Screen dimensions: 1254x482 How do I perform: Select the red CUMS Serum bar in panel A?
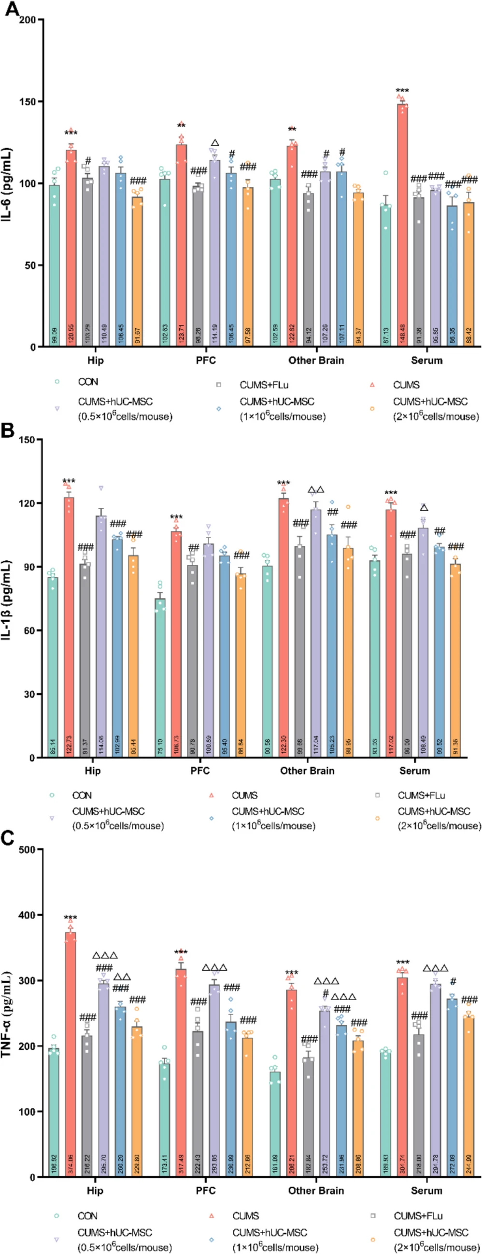(402, 224)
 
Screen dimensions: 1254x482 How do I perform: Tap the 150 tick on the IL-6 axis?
(27, 102)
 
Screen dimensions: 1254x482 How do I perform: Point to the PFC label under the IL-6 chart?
(205, 360)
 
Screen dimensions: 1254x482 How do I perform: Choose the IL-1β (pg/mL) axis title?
(9, 599)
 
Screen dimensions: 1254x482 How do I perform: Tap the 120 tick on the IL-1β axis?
(27, 503)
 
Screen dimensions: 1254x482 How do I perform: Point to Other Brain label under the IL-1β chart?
(307, 771)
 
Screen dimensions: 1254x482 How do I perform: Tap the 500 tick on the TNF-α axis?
(27, 850)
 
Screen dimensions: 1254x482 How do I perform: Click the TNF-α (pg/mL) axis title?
(9, 1013)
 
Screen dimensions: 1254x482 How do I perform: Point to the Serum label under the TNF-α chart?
(426, 1191)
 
